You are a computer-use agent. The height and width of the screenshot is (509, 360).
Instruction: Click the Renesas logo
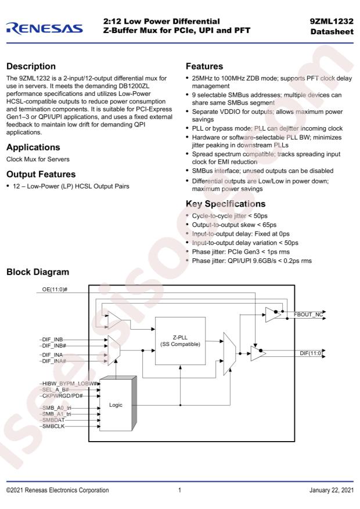[45, 28]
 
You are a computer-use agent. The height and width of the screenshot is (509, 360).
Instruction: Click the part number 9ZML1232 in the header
[332, 21]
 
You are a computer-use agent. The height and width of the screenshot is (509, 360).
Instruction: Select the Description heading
[31, 66]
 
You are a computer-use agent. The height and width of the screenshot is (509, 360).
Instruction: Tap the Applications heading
[33, 147]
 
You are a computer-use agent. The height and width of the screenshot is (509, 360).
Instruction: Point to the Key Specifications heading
[226, 204]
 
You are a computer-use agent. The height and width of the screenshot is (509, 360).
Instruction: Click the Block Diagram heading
[38, 272]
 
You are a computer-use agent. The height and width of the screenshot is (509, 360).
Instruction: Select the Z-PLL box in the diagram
[180, 341]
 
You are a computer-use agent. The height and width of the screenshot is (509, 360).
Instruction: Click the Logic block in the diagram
[116, 405]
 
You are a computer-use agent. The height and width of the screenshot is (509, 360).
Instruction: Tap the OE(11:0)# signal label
[55, 289]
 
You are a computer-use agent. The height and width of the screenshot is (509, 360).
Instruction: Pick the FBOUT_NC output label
[308, 314]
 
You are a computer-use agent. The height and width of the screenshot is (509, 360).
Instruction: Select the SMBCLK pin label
[53, 426]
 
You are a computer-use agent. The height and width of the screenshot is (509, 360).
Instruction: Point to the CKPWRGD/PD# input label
[62, 396]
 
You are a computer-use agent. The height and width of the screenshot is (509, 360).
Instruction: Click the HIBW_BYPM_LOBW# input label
[70, 384]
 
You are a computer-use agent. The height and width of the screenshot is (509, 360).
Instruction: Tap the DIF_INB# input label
[54, 346]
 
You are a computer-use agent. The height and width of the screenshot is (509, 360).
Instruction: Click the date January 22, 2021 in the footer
[332, 490]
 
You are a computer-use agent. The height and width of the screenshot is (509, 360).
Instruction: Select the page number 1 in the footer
[179, 490]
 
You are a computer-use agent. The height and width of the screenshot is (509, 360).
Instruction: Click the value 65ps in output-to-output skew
[269, 225]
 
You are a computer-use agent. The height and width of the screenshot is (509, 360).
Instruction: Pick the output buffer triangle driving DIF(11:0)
[258, 353]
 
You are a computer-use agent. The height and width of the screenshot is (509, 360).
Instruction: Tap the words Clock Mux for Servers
[38, 160]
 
